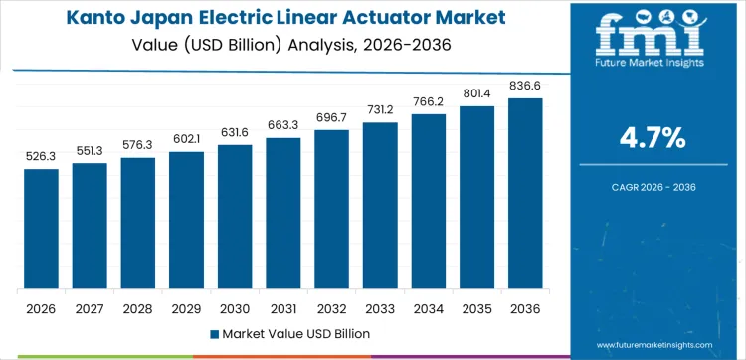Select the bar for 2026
(x=42, y=230)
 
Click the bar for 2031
(x=283, y=214)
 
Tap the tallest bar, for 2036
(x=525, y=194)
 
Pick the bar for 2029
(x=186, y=221)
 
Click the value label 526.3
(x=42, y=156)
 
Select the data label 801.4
(x=476, y=93)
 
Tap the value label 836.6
(x=525, y=86)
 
